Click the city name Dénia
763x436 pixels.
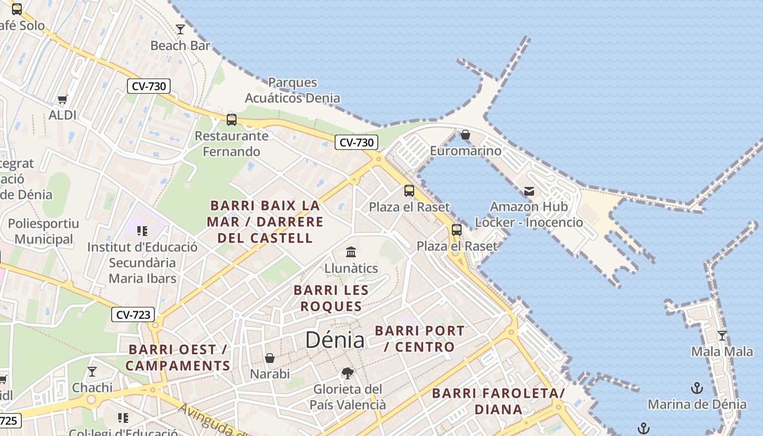335,340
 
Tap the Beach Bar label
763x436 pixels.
180,46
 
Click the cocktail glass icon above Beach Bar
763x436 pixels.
180,29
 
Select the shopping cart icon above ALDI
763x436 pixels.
63,99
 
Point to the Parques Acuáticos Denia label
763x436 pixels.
293,90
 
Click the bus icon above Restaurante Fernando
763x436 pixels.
232,119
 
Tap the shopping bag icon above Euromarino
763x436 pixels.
465,134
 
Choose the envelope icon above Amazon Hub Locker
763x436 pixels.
529,191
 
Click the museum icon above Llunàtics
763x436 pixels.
351,252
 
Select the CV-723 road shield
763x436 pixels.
133,314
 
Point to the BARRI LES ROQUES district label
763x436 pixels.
331,298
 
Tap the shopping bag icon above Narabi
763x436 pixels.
270,358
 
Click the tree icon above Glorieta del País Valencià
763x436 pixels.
347,373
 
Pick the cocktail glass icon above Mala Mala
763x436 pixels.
722,335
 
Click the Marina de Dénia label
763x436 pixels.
697,404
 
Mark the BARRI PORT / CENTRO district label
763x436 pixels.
420,338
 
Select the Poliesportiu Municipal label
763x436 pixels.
44,231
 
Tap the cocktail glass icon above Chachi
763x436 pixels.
92,372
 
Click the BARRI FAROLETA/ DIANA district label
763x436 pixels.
498,401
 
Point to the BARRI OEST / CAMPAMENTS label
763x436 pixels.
178,358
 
